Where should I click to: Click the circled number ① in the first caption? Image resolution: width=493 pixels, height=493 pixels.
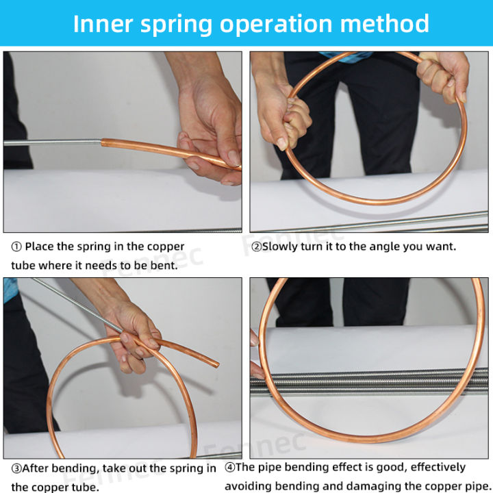pos(16,246)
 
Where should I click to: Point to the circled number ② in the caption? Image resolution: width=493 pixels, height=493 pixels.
pos(256,246)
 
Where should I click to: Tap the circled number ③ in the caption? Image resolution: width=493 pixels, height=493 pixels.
pos(16,468)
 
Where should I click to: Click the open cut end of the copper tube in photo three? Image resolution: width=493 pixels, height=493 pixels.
pos(216,364)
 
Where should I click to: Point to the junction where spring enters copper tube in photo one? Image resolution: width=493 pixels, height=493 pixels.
pos(102,142)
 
